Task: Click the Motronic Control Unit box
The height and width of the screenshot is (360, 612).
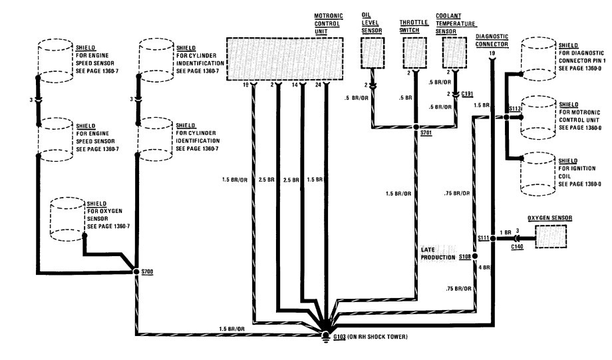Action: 285,59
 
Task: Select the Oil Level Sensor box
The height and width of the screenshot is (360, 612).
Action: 371,53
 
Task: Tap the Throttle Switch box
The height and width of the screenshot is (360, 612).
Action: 414,53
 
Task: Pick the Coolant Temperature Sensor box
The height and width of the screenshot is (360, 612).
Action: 456,53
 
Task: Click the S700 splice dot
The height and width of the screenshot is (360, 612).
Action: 136,272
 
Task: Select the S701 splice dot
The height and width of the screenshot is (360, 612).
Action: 416,125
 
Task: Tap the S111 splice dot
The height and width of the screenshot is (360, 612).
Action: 492,238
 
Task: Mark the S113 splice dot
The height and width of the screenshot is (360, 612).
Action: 507,116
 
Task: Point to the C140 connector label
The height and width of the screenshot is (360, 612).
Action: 518,247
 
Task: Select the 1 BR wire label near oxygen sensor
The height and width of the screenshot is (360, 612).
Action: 504,232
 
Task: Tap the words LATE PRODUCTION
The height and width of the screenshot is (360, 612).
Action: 438,253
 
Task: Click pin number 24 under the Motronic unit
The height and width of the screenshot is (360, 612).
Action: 319,85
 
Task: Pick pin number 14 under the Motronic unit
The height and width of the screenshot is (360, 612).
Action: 295,85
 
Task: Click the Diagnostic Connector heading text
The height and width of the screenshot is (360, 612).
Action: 492,40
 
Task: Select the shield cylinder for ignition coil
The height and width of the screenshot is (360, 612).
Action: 540,172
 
